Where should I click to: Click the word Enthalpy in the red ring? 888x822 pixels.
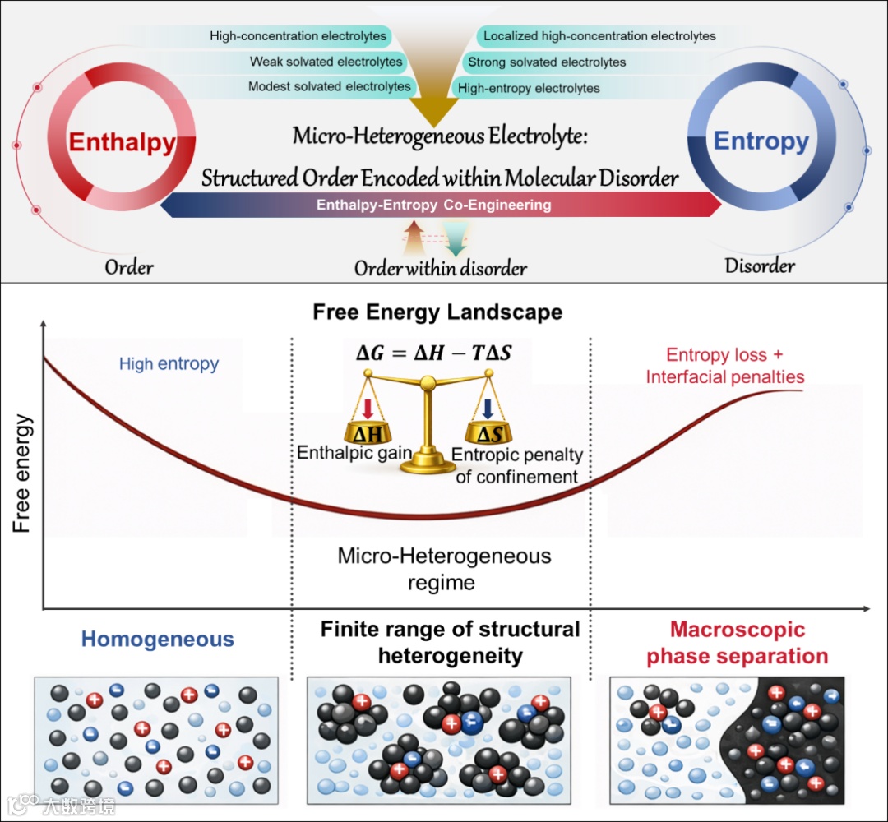[x=122, y=142]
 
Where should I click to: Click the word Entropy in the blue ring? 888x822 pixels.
[x=761, y=141]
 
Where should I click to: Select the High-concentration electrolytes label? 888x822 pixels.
[x=298, y=36]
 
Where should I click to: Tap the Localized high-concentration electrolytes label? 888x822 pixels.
[x=599, y=36]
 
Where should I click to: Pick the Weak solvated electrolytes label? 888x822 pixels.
[x=326, y=62]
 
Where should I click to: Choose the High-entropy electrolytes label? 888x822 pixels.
[x=529, y=88]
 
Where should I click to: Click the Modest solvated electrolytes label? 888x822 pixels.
[x=329, y=86]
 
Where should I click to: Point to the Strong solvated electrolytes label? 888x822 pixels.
[x=547, y=62]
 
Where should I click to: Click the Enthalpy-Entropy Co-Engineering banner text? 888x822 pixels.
[x=433, y=205]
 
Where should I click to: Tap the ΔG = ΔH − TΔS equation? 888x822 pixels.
[x=432, y=353]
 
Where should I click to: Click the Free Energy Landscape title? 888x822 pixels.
[x=437, y=312]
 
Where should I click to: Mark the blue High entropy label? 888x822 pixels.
[x=169, y=363]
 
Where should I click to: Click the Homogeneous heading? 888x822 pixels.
[x=157, y=640]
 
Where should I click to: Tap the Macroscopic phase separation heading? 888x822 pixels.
[x=737, y=644]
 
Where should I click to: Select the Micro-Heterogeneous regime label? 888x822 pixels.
[x=444, y=569]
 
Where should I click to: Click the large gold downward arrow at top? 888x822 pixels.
[x=433, y=95]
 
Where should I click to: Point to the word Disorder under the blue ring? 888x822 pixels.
[x=760, y=266]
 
